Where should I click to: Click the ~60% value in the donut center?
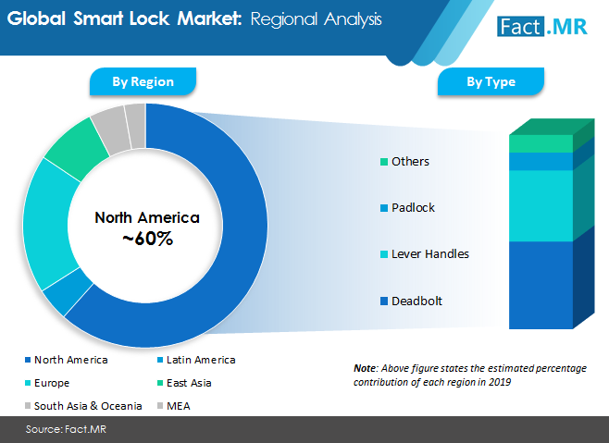click(x=147, y=239)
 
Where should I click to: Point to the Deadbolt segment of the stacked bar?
click(x=541, y=285)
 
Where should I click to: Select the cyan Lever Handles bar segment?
click(x=541, y=205)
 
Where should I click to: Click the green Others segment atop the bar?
click(x=541, y=143)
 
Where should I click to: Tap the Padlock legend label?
click(x=413, y=208)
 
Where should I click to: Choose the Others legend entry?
click(x=404, y=162)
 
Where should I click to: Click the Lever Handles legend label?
click(x=430, y=254)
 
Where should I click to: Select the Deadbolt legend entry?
click(x=411, y=301)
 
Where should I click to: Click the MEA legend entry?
click(x=174, y=406)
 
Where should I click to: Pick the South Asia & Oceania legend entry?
click(x=83, y=406)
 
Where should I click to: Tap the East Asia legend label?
click(x=189, y=383)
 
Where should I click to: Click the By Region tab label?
click(x=143, y=81)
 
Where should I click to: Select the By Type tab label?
click(x=491, y=81)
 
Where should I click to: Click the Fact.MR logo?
click(x=541, y=27)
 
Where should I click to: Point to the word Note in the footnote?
click(x=365, y=368)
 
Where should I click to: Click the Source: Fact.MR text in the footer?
click(x=66, y=429)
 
